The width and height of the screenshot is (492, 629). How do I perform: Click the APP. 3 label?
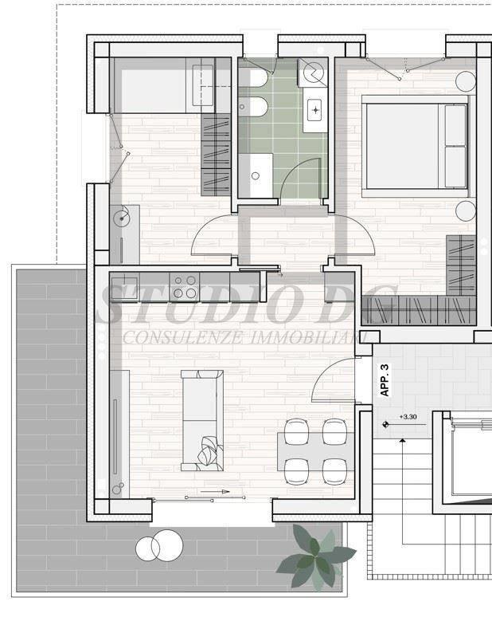click(x=385, y=380)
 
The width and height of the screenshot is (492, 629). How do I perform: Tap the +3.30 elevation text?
click(x=408, y=417)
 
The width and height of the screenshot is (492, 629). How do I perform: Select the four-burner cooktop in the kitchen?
click(x=185, y=287)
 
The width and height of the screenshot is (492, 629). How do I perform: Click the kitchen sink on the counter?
click(x=124, y=288)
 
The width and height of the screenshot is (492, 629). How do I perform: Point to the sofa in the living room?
click(x=202, y=420)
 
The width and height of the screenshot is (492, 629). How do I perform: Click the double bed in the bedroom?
click(x=415, y=146)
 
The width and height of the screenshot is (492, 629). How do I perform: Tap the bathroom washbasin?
click(x=315, y=110)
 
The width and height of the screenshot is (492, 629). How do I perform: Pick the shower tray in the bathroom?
click(x=256, y=175)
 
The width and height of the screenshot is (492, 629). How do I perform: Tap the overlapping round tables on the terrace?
click(x=159, y=546)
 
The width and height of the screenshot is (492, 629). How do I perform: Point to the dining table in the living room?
click(x=316, y=451)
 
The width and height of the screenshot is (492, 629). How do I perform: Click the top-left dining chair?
click(x=296, y=431)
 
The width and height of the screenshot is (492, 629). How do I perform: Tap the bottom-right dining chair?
click(x=335, y=471)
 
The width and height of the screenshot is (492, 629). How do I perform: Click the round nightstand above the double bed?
click(x=466, y=81)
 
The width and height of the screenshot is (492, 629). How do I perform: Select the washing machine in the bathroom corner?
click(x=313, y=73)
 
